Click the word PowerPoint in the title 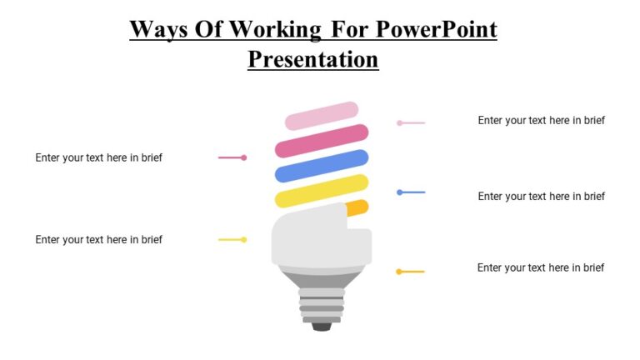click(x=436, y=29)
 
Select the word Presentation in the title click(x=312, y=59)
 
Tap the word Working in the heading click(x=274, y=29)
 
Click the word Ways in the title click(x=159, y=29)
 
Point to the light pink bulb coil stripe click(x=322, y=116)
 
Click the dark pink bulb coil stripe click(x=322, y=141)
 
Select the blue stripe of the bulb click(x=322, y=166)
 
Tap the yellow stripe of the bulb click(x=322, y=191)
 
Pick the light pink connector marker click(x=411, y=122)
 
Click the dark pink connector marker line click(x=232, y=157)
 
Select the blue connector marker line click(x=411, y=192)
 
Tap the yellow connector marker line click(x=232, y=239)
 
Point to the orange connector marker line click(x=411, y=271)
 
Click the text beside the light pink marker click(x=541, y=120)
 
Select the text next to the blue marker click(x=541, y=196)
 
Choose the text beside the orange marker click(x=540, y=267)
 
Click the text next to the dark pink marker click(x=98, y=157)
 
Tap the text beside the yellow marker click(x=98, y=239)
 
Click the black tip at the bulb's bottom click(x=322, y=326)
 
